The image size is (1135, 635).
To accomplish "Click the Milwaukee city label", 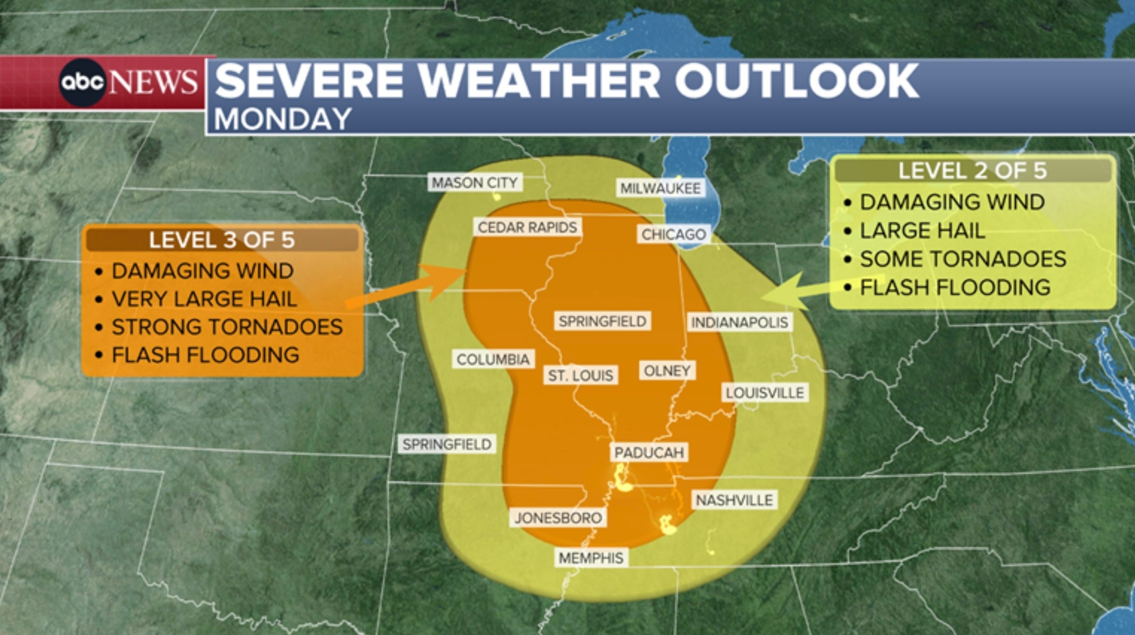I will point(661,189).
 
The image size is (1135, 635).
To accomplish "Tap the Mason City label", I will point(475,182).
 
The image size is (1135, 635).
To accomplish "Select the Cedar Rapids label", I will point(527,228).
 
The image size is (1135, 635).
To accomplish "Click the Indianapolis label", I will point(739,322).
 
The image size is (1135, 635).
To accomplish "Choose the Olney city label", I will point(667,371).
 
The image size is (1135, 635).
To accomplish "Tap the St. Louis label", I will point(580,375).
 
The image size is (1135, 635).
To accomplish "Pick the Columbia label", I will point(493,359).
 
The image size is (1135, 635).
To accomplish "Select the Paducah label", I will point(649,453).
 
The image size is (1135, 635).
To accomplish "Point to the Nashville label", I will point(734,500).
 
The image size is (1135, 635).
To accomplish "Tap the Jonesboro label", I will point(558,518).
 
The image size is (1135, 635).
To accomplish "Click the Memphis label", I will point(591,558).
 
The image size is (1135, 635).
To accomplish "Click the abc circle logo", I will point(83,82).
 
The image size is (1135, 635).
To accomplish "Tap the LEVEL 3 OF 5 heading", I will point(222,240).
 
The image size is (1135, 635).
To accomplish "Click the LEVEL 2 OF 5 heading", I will point(972,171).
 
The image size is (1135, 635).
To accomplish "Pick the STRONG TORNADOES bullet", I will point(227,327).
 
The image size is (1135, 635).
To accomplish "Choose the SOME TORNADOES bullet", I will point(963,259).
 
